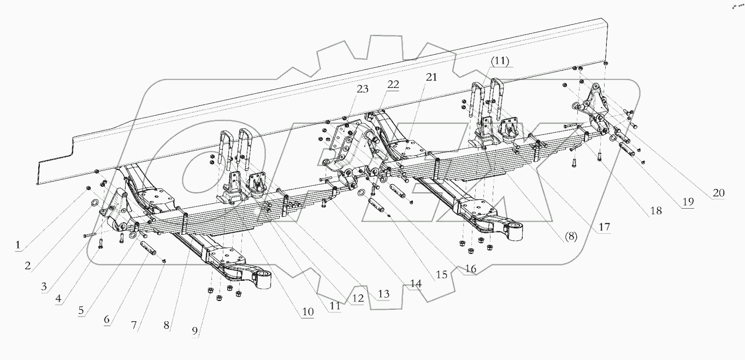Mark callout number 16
click(471, 268)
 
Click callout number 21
click(431, 78)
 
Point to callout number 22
click(393, 85)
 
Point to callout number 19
click(686, 202)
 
